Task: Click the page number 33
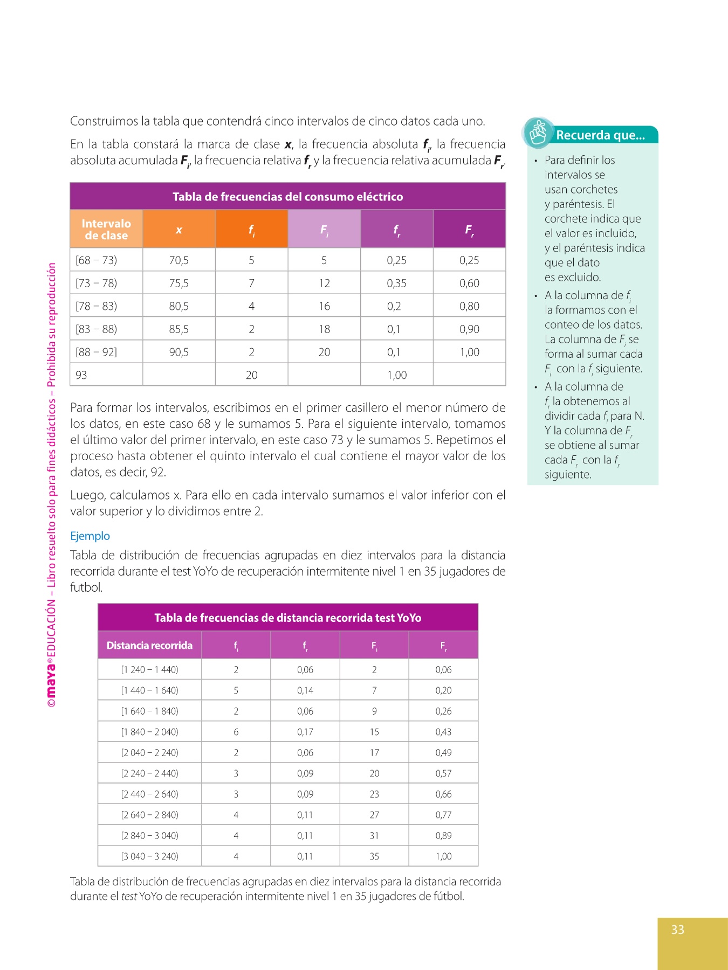(x=677, y=930)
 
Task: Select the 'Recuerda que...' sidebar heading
(x=600, y=135)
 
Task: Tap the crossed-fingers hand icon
(x=538, y=133)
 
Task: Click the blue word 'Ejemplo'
(x=90, y=536)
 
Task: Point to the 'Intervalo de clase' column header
(x=106, y=230)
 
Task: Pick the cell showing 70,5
(x=179, y=260)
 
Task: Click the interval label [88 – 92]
(x=97, y=352)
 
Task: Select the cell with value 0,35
(x=397, y=283)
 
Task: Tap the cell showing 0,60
(x=469, y=283)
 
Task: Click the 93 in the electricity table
(x=81, y=375)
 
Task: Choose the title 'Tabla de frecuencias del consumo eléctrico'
(x=287, y=197)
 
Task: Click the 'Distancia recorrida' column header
(x=149, y=646)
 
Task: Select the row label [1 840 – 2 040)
(x=149, y=732)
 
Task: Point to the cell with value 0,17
(x=305, y=732)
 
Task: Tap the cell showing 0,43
(x=443, y=732)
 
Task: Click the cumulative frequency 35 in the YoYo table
(x=374, y=856)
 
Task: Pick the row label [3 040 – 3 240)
(x=149, y=856)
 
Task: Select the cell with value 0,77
(x=443, y=815)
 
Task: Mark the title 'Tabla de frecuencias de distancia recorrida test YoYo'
(x=287, y=618)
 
